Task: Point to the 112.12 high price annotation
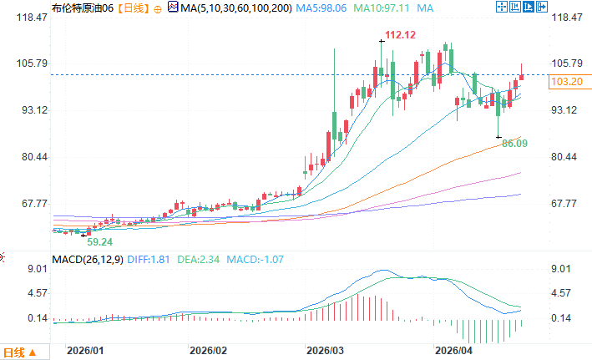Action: tap(400, 35)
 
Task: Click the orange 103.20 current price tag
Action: tap(568, 82)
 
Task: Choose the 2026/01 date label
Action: tap(85, 351)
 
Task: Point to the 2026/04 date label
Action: tap(456, 351)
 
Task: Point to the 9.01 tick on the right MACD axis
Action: tap(562, 269)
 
